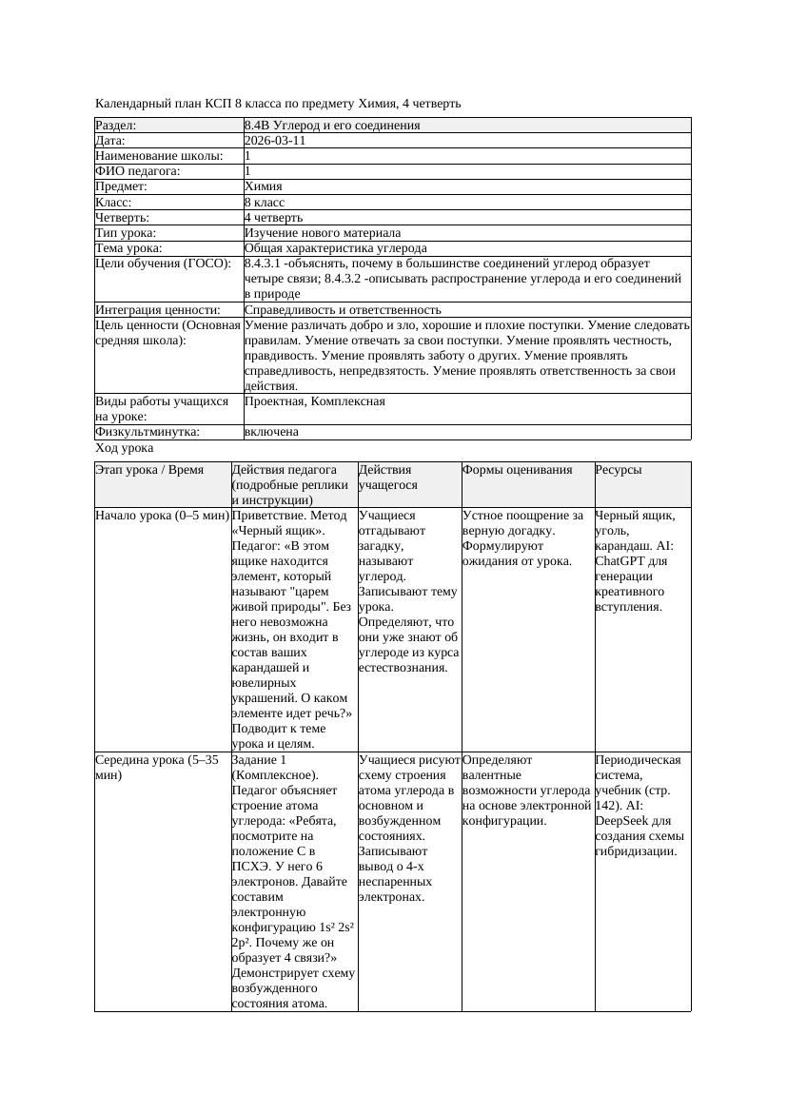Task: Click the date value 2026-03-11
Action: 275,141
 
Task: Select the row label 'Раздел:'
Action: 116,126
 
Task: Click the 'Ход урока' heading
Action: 125,448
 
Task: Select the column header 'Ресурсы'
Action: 618,470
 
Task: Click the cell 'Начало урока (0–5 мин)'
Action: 163,516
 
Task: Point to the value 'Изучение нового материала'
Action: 323,233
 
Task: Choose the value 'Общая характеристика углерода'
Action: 336,248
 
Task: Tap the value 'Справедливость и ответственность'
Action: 343,310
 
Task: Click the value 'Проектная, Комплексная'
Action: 315,401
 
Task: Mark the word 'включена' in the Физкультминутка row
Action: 271,432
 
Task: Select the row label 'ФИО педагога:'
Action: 138,171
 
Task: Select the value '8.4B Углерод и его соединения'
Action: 332,126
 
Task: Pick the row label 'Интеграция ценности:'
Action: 158,310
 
